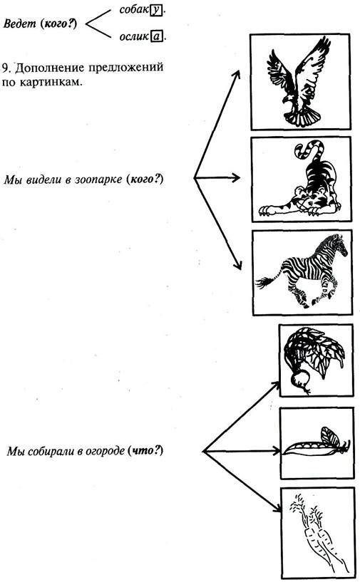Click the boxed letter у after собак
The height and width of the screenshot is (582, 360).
156,10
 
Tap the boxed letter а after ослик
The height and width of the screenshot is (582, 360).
157,36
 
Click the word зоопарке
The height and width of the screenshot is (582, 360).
99,180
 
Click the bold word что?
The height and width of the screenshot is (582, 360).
145,451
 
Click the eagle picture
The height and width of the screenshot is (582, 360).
300,82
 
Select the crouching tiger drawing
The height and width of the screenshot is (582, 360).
301,179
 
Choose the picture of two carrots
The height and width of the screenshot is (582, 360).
318,534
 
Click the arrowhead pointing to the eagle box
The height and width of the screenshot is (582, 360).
236,76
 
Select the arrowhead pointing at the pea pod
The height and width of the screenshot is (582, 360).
277,452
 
